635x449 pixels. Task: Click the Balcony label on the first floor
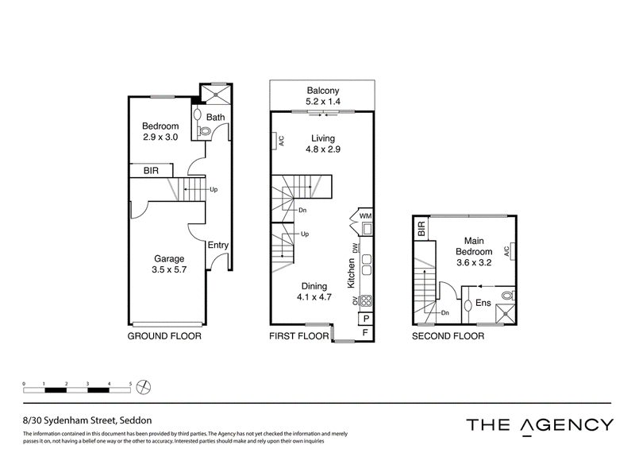click(x=323, y=91)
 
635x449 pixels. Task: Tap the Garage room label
click(x=169, y=259)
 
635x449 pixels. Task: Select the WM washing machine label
click(x=365, y=216)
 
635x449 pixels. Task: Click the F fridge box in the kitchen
click(x=365, y=333)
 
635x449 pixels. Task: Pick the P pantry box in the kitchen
click(x=365, y=319)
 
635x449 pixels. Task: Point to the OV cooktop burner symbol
click(x=366, y=300)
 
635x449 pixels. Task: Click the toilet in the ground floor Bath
click(x=205, y=130)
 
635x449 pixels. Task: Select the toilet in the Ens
click(x=508, y=296)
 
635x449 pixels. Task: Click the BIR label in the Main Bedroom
click(x=421, y=229)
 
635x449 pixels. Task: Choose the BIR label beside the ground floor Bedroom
click(x=151, y=171)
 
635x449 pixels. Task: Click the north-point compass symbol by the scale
click(x=144, y=387)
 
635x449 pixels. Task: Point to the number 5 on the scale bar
click(x=130, y=383)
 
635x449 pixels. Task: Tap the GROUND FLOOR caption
click(x=164, y=336)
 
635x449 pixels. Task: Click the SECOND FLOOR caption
click(x=448, y=336)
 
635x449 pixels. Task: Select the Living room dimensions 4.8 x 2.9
click(x=323, y=149)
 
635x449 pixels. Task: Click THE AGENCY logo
click(x=540, y=425)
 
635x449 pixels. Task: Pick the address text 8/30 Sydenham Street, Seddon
click(x=87, y=420)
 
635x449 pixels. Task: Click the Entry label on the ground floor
click(x=217, y=245)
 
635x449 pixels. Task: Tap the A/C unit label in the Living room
click(x=282, y=141)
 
